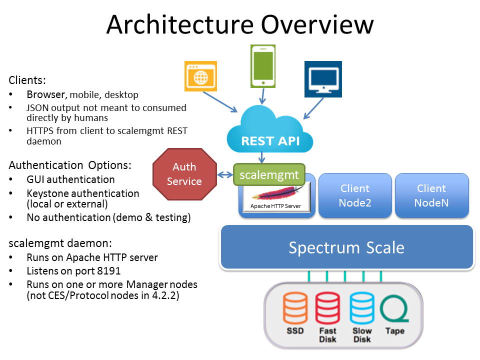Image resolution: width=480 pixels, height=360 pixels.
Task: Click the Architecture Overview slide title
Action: tap(240, 24)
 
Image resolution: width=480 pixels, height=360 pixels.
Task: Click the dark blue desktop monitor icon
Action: tap(323, 79)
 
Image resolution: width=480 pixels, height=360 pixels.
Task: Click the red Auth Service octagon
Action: tap(184, 174)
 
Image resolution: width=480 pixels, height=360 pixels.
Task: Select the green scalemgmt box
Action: tap(269, 175)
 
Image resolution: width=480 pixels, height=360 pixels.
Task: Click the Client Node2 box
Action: tap(355, 195)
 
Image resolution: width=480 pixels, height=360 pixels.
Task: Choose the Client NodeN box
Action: tap(431, 195)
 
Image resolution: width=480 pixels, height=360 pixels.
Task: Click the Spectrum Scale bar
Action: tap(346, 247)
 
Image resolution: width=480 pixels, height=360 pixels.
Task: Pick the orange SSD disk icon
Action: tap(295, 309)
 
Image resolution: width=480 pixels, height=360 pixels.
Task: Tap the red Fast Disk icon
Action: tap(327, 309)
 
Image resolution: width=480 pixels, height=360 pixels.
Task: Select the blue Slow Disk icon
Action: tap(361, 309)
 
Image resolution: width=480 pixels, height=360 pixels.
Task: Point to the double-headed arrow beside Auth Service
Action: tap(225, 174)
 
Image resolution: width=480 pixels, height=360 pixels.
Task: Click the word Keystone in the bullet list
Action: tap(48, 193)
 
